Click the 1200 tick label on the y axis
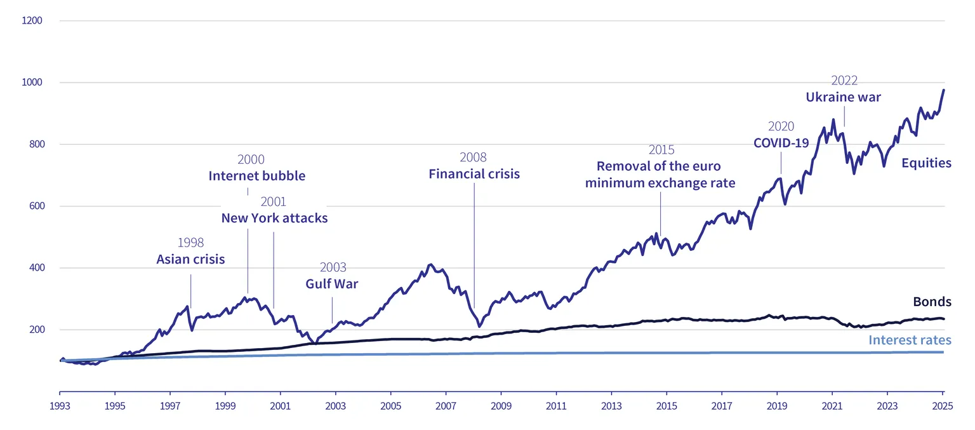[x=32, y=20]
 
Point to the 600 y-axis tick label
[x=37, y=206]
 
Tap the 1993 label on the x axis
[x=60, y=406]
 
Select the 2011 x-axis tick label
[x=556, y=406]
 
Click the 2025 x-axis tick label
[x=943, y=406]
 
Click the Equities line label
[x=926, y=163]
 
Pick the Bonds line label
[x=932, y=302]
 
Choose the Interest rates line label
[x=910, y=340]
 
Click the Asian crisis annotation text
[x=190, y=259]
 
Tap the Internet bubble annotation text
[x=257, y=175]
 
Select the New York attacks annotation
[x=274, y=218]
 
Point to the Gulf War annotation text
[x=332, y=284]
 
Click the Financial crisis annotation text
[x=474, y=174]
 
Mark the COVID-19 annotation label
[x=781, y=143]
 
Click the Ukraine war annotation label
[x=843, y=97]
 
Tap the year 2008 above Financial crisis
[x=473, y=158]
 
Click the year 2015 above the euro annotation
[x=661, y=150]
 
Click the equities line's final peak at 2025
[x=943, y=90]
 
